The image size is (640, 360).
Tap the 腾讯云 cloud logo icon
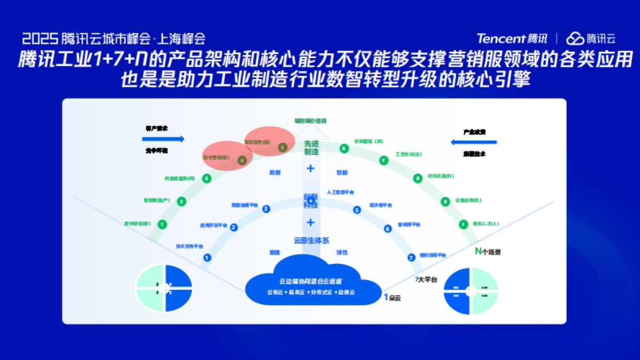coord(575,38)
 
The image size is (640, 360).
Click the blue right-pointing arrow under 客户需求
coord(164,139)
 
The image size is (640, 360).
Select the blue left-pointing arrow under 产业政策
coord(474,142)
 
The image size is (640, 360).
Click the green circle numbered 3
coord(206,179)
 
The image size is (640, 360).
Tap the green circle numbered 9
coord(445,202)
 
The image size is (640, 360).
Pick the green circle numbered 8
coord(418,179)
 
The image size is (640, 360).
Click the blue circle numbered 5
coord(357,210)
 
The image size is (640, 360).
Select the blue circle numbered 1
coord(207,258)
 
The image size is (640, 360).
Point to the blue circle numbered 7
coord(411,258)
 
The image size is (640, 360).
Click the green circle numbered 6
coord(344,148)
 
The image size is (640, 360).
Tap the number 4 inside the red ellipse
coord(242,159)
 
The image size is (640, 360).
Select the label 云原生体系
coord(311,241)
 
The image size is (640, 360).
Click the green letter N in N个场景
coord(478,251)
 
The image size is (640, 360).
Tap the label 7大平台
coord(426,279)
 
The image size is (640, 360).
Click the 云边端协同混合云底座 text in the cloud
coord(310,281)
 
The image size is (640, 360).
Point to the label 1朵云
coord(392,298)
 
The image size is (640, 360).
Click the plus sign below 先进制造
coord(311,169)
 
